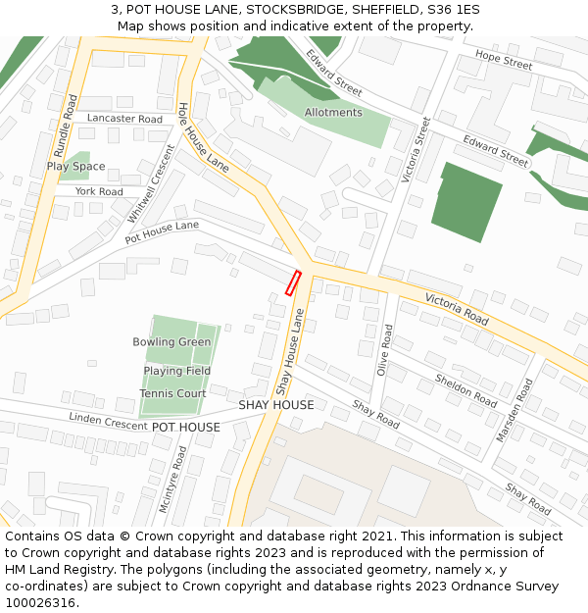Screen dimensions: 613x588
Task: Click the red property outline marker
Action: pos(292,282)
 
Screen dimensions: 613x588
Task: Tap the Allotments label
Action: pos(333,113)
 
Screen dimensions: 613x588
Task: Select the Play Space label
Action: pos(75,167)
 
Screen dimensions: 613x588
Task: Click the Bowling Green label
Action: pos(171,342)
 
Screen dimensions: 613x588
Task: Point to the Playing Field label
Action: pos(177,371)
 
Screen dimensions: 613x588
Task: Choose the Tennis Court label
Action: pos(172,393)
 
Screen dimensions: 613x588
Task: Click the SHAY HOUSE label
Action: pos(276,405)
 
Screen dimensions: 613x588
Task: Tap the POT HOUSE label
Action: pos(186,428)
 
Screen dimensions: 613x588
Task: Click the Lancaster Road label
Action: pos(124,119)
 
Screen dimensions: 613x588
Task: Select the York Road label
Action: pos(99,192)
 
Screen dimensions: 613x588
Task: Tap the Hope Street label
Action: pos(504,61)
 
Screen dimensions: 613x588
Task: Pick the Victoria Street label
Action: pos(416,150)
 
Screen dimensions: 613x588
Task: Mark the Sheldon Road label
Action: pos(466,389)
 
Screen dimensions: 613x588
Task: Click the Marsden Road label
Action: pos(518,410)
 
